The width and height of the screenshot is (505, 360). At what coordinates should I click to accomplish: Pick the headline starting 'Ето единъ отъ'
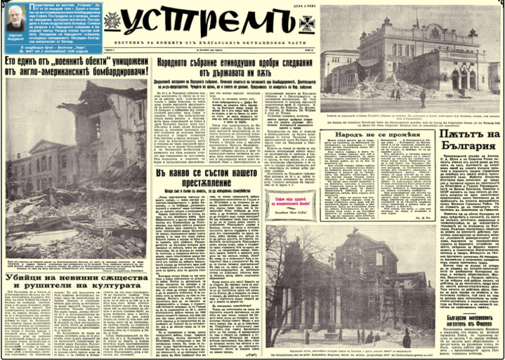[x=75, y=67]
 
